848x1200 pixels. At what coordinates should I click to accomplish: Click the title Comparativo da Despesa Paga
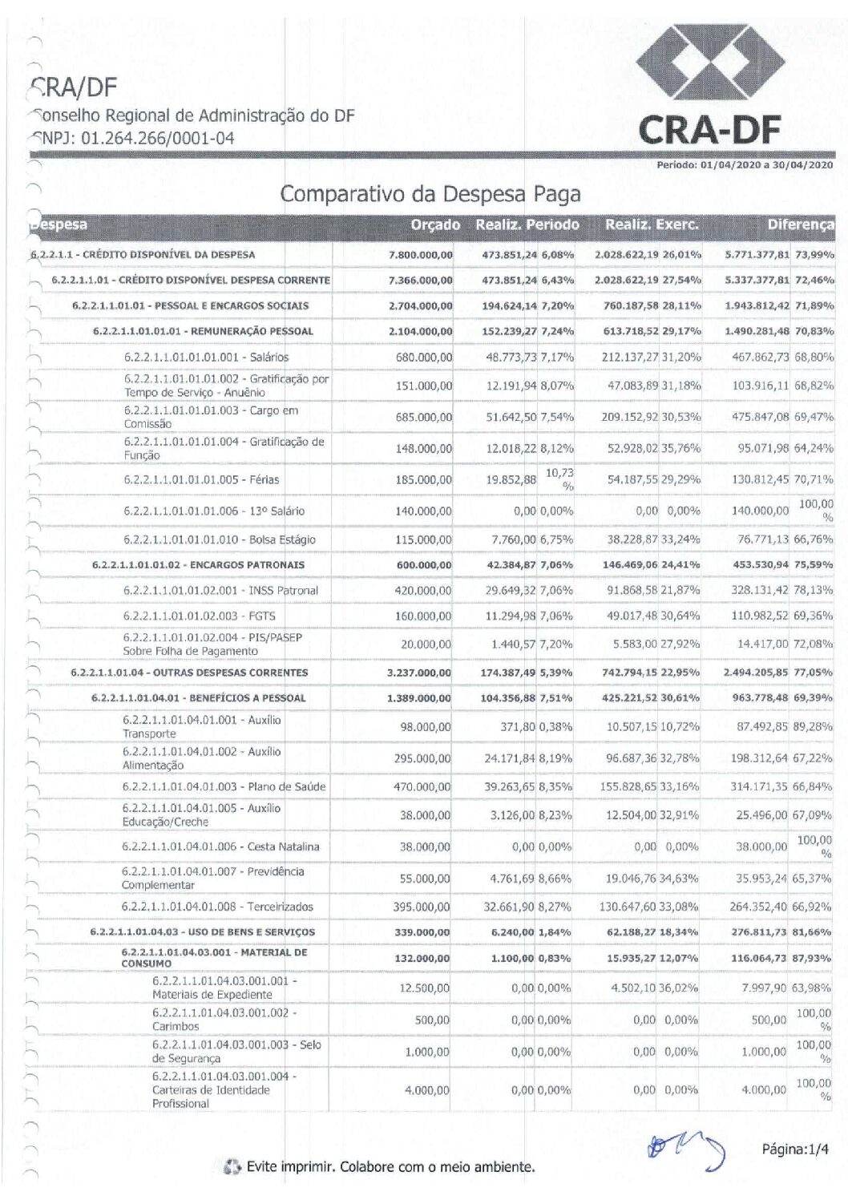tap(430, 194)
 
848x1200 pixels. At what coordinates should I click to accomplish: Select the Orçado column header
tap(435, 225)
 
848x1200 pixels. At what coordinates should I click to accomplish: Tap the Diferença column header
tap(799, 225)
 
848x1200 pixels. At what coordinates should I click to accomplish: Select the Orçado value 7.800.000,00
tap(420, 255)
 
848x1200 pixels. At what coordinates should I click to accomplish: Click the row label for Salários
tap(206, 357)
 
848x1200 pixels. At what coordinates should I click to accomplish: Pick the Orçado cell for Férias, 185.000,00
tap(423, 479)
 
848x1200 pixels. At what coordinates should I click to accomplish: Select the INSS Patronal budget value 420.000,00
tap(423, 590)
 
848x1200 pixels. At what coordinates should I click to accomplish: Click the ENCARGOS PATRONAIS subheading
tap(198, 565)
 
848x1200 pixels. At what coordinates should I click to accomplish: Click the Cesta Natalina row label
tap(220, 846)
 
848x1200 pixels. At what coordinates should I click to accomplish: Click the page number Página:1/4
tap(794, 1149)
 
